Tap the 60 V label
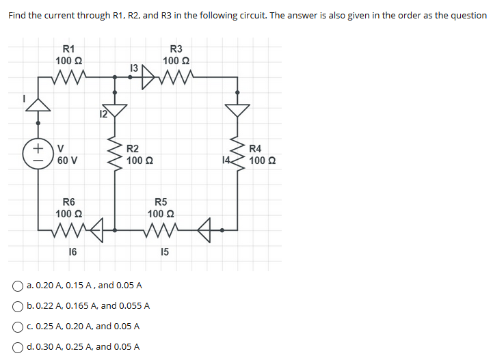pyautogui.click(x=67, y=161)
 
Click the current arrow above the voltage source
pyautogui.click(x=38, y=104)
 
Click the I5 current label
pyautogui.click(x=164, y=252)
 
